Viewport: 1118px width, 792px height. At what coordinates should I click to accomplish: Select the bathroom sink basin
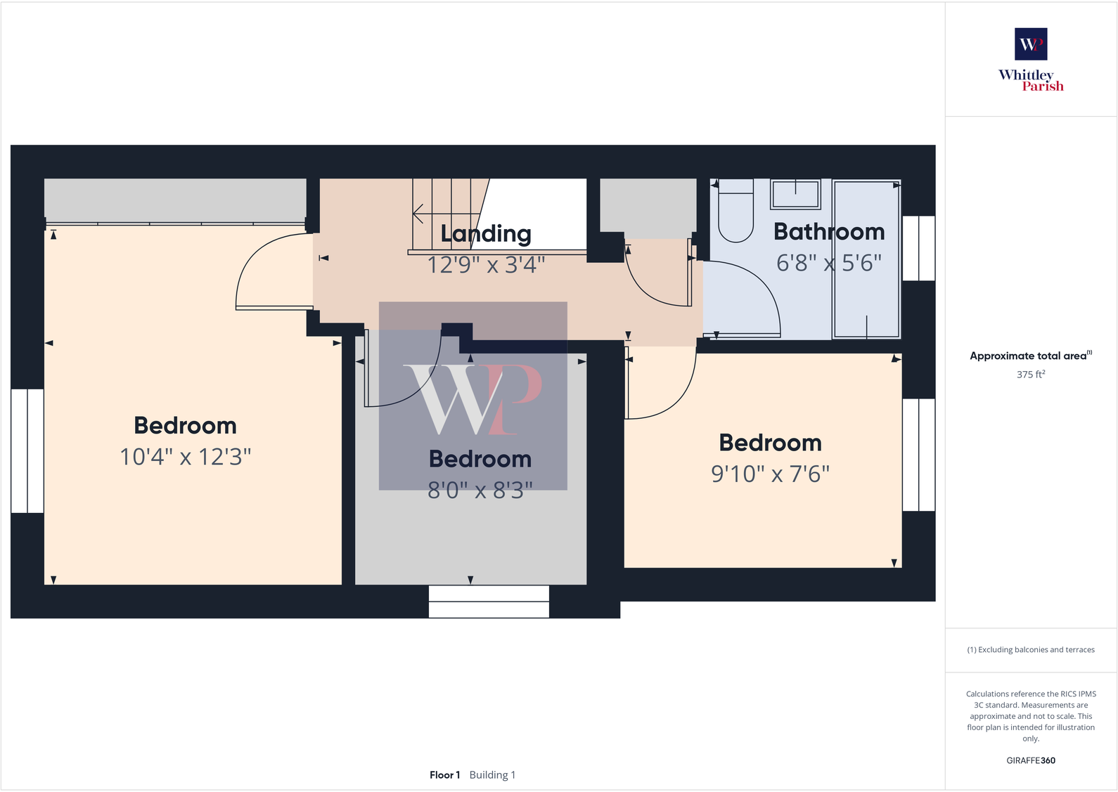pyautogui.click(x=795, y=194)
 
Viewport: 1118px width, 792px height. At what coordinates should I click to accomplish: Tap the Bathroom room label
pyautogui.click(x=829, y=232)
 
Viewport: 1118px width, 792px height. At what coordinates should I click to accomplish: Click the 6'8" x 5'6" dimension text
pyautogui.click(x=829, y=263)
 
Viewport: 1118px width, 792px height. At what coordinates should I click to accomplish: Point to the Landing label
pyautogui.click(x=486, y=233)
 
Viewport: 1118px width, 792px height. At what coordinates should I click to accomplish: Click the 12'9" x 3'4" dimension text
pyautogui.click(x=486, y=265)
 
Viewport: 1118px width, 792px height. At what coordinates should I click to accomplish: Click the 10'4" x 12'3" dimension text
pyautogui.click(x=186, y=457)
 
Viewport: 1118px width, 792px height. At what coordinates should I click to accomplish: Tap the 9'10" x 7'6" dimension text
pyautogui.click(x=770, y=474)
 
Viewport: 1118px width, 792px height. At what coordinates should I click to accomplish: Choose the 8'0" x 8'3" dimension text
pyautogui.click(x=480, y=490)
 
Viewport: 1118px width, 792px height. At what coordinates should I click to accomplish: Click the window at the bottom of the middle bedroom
pyautogui.click(x=489, y=602)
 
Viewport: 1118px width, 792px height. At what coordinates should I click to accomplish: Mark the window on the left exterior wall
pyautogui.click(x=27, y=450)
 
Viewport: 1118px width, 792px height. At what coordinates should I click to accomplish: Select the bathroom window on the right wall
pyautogui.click(x=918, y=248)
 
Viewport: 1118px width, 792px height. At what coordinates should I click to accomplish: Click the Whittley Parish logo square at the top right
pyautogui.click(x=1031, y=44)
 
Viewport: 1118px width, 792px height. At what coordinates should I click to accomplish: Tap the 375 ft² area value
pyautogui.click(x=1030, y=375)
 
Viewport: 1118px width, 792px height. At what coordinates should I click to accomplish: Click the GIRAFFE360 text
pyautogui.click(x=1030, y=760)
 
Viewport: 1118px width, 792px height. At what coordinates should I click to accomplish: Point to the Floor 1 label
pyautogui.click(x=444, y=775)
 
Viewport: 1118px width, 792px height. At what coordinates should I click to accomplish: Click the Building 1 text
pyautogui.click(x=492, y=775)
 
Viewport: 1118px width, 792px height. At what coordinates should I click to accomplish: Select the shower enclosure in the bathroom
pyautogui.click(x=866, y=259)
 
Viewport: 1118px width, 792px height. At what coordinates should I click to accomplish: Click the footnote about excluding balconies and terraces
pyautogui.click(x=1030, y=650)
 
